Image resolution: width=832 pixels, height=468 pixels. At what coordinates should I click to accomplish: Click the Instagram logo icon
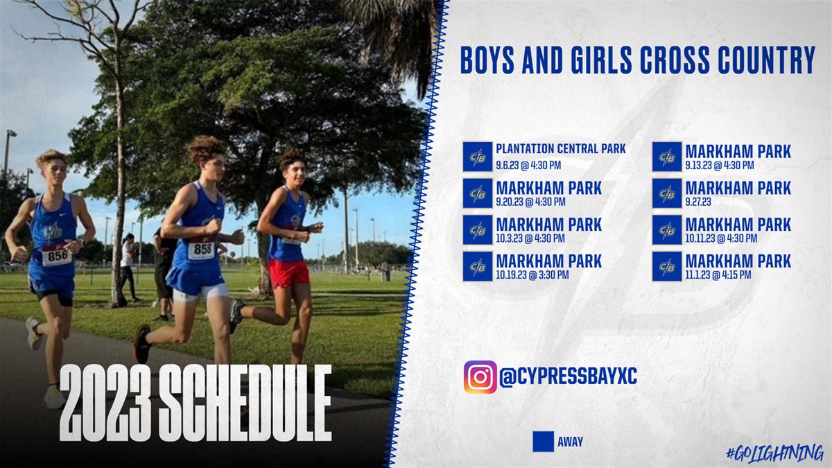click(480, 377)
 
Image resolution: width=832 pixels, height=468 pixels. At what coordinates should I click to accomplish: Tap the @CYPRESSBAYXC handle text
click(569, 376)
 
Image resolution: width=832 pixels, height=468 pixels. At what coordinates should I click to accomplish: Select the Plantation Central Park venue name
click(561, 149)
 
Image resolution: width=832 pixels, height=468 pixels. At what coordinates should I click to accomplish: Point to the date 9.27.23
click(698, 202)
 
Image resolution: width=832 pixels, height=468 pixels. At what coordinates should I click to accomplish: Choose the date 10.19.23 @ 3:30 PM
click(532, 275)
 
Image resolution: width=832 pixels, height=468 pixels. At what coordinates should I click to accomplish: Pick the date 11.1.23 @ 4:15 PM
click(718, 275)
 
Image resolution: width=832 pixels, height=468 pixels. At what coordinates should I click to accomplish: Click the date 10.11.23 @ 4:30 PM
click(721, 239)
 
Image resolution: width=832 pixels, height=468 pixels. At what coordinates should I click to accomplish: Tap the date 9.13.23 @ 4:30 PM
click(720, 165)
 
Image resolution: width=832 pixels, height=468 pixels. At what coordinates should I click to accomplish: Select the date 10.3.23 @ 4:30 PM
click(530, 239)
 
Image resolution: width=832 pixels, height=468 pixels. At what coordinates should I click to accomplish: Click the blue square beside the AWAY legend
click(543, 442)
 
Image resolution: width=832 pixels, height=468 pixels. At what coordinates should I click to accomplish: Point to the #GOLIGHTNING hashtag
click(775, 453)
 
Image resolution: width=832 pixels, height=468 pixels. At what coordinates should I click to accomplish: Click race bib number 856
click(57, 256)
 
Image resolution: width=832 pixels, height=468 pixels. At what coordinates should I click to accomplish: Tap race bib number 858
click(202, 250)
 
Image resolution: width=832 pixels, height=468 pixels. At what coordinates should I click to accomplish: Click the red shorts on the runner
click(288, 273)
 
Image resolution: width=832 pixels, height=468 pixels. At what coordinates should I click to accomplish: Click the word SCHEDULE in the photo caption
click(245, 404)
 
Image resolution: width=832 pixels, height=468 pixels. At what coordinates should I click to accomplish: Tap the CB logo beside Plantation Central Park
click(478, 157)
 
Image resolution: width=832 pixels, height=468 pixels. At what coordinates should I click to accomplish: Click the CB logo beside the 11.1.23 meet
click(667, 267)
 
